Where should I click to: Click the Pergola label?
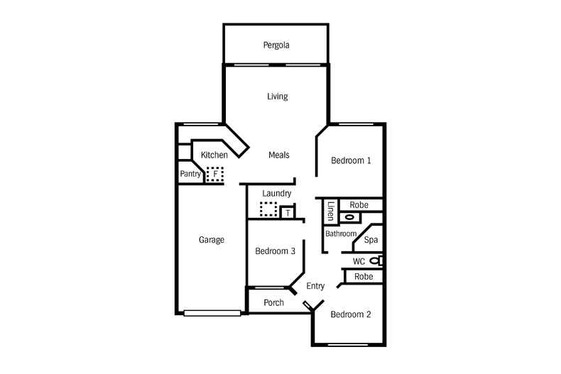[x=277, y=45]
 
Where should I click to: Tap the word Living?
[x=277, y=97]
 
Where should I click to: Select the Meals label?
[x=278, y=155]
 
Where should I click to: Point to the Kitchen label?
[x=214, y=155]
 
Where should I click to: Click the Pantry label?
[x=190, y=173]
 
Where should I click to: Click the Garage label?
[x=211, y=240]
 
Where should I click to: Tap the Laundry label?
[x=277, y=193]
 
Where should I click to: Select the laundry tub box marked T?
[x=287, y=212]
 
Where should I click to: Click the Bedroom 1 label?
[x=351, y=160]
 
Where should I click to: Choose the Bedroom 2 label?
[x=350, y=314]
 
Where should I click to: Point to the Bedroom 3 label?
[x=275, y=251]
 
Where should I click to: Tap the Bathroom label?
[x=341, y=233]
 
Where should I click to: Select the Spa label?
[x=371, y=240]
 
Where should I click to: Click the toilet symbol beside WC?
[x=375, y=261]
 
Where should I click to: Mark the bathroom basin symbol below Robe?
[x=349, y=218]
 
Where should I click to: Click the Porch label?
[x=273, y=302]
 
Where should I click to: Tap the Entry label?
[x=315, y=286]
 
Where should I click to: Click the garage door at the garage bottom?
[x=212, y=312]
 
